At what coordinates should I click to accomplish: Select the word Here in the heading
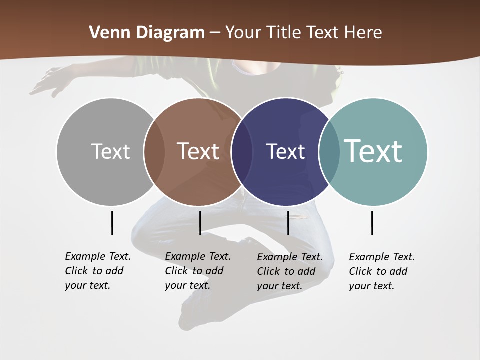click(363, 33)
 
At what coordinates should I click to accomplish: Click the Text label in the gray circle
click(110, 151)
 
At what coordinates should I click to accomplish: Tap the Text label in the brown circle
click(198, 151)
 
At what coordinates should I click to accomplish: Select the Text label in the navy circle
click(285, 151)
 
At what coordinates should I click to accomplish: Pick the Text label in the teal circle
click(373, 151)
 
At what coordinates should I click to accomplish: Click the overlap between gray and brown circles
click(154, 151)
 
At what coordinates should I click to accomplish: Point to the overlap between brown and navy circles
click(242, 151)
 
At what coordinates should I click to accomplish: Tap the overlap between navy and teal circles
click(329, 151)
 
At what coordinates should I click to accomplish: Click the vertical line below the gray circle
click(112, 223)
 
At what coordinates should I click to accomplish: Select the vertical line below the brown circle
click(200, 223)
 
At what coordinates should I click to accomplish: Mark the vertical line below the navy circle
click(288, 223)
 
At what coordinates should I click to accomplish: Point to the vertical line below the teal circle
click(372, 223)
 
